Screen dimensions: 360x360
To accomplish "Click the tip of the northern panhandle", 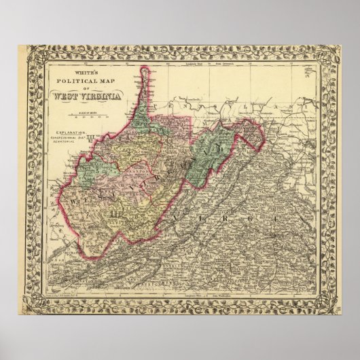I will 145,69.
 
